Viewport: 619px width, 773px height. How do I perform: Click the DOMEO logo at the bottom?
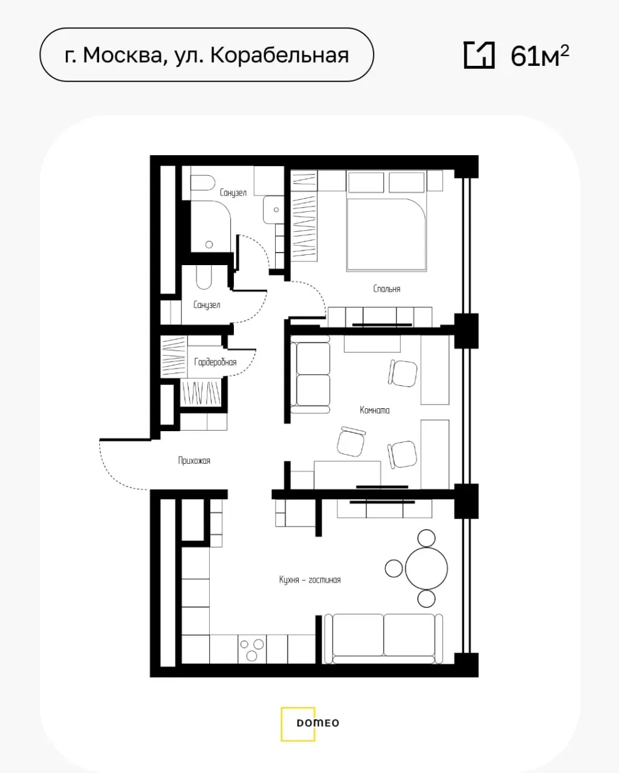[309, 722]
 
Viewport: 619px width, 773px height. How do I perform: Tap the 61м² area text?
[540, 56]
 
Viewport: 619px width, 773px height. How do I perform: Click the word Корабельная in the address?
[279, 56]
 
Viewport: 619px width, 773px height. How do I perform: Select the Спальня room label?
[387, 289]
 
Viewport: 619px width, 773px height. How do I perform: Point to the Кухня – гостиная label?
[309, 579]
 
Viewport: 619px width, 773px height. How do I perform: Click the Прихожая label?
[194, 461]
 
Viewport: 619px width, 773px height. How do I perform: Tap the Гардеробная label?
[215, 362]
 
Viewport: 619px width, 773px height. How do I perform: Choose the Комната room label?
[374, 410]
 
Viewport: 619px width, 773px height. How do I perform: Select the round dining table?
[426, 568]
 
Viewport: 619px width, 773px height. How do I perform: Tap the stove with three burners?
[252, 649]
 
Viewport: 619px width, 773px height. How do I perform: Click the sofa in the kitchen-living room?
[383, 639]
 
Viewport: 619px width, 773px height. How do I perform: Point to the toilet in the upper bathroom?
[202, 183]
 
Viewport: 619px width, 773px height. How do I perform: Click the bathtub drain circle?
[209, 245]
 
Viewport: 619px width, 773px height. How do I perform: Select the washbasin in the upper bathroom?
[273, 210]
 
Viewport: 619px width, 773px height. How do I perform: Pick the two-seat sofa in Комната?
[310, 374]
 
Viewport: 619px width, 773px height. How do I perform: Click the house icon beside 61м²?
[479, 56]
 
